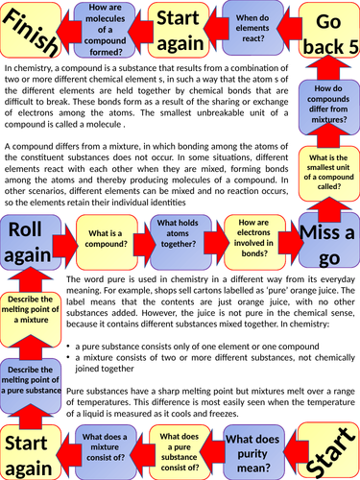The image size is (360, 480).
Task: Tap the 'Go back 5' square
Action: pyautogui.click(x=326, y=35)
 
